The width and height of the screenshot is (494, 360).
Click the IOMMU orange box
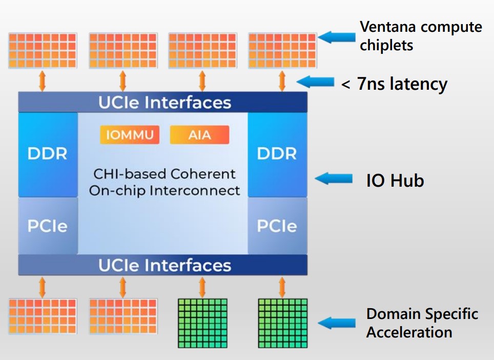(x=129, y=135)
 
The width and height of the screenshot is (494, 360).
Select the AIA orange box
(x=199, y=135)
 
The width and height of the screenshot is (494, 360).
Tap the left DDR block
(x=48, y=154)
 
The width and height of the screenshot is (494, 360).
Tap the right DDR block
(x=277, y=154)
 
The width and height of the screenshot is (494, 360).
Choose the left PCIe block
(x=48, y=226)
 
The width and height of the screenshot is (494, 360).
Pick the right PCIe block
(x=277, y=226)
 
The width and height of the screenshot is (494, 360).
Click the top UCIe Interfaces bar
(x=163, y=102)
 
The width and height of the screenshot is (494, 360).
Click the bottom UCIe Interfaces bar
(x=163, y=265)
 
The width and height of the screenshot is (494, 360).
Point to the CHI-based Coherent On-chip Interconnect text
(x=164, y=182)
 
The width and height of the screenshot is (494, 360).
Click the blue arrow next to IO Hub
(x=334, y=178)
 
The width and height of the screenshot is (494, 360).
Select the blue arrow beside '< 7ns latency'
(x=315, y=82)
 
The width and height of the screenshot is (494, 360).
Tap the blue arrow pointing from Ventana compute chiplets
(x=337, y=36)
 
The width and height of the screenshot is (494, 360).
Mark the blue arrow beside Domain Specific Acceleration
(x=337, y=323)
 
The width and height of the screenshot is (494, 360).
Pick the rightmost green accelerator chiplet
(x=282, y=323)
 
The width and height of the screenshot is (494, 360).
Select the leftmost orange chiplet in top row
(x=43, y=50)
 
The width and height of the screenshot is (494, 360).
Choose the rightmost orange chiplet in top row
(x=282, y=50)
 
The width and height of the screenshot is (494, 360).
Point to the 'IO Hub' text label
(x=395, y=181)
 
